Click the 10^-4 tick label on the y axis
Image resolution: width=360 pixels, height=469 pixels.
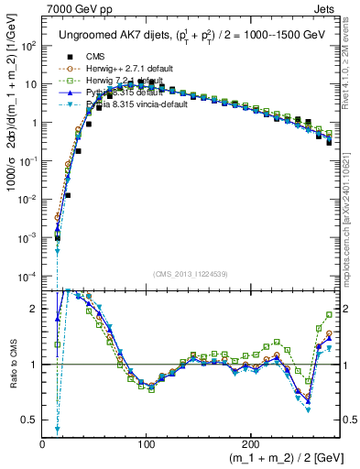[27, 276]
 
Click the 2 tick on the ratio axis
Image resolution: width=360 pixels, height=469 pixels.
[32, 309]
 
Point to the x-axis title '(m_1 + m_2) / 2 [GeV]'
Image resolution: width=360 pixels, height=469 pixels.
[274, 458]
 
